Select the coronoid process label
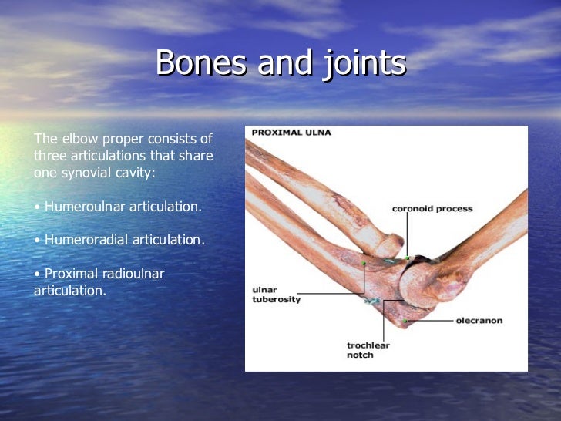click(432, 209)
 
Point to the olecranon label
click(479, 320)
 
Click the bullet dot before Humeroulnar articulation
click(38, 207)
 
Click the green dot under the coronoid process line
click(408, 258)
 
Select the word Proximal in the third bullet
click(72, 274)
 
